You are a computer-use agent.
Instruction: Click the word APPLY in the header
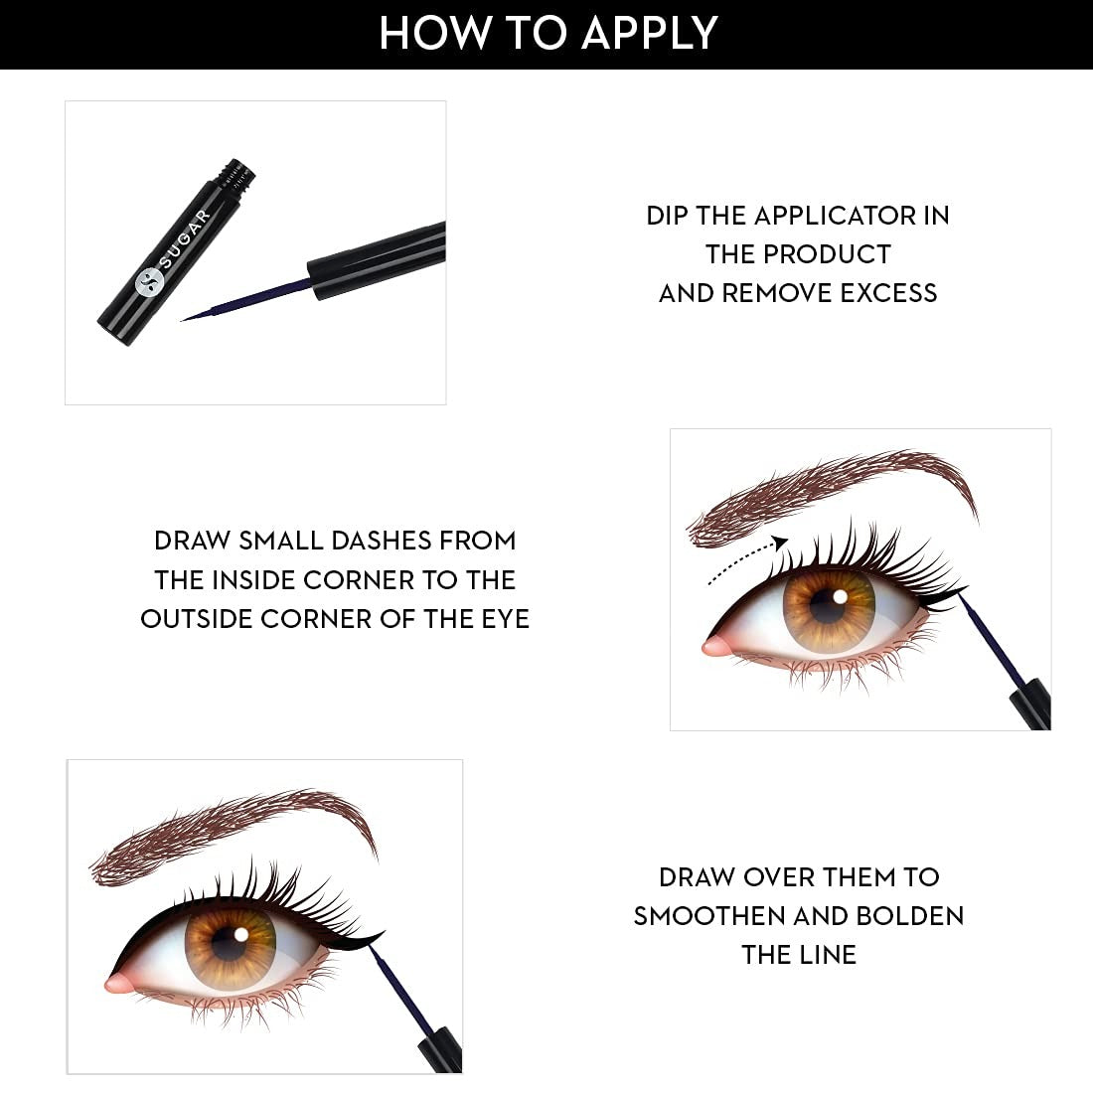pyautogui.click(x=649, y=33)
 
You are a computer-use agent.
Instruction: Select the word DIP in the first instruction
pyautogui.click(x=667, y=216)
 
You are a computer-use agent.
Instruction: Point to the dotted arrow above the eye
pyautogui.click(x=746, y=558)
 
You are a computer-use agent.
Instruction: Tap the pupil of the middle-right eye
pyautogui.click(x=829, y=608)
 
